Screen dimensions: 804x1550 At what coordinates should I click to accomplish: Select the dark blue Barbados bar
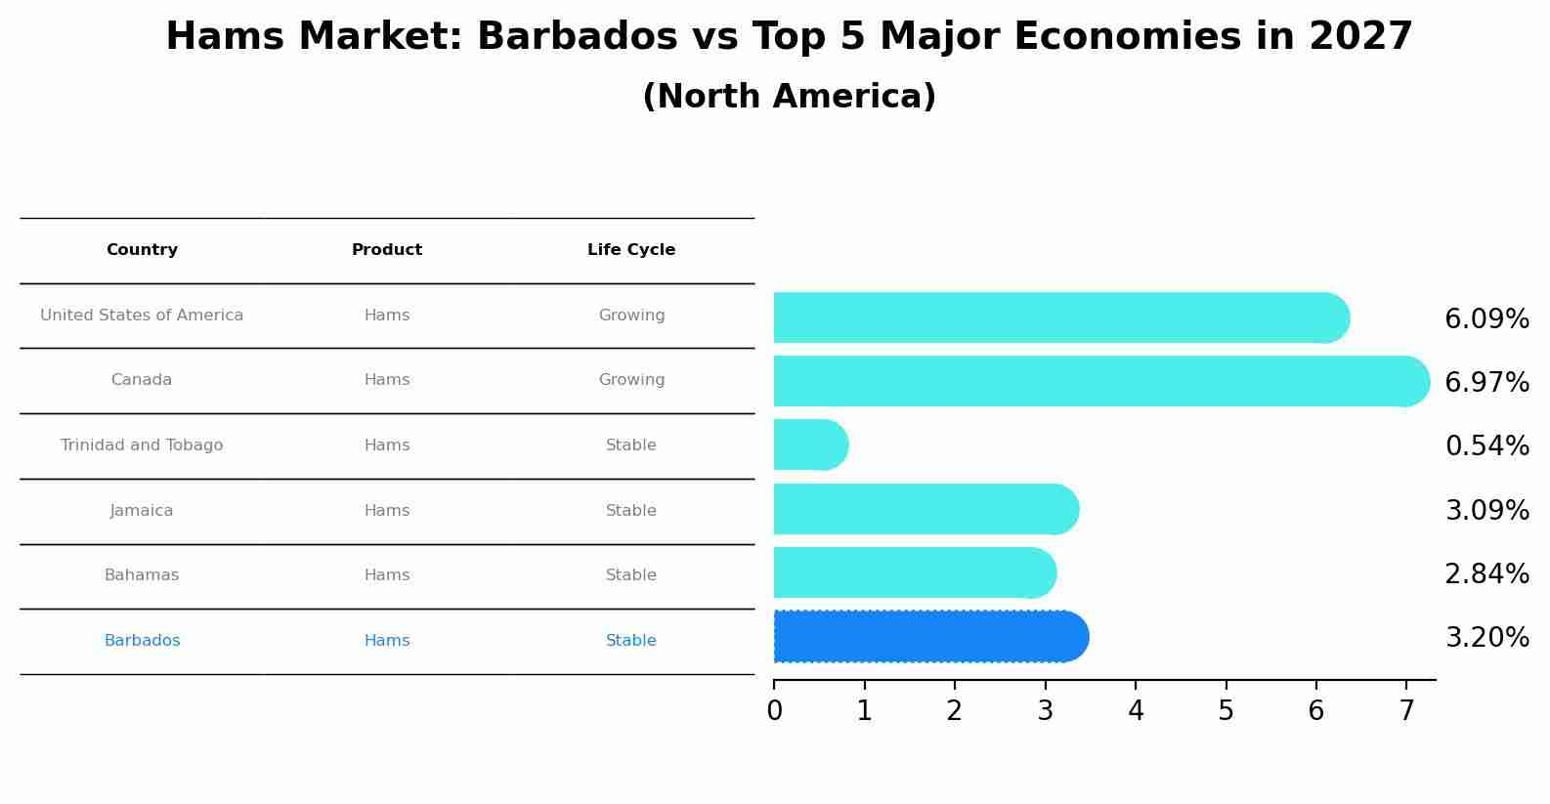[x=928, y=637]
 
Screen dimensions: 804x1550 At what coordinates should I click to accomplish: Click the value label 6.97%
[x=1486, y=383]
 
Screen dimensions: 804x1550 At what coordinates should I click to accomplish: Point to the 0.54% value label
[x=1486, y=446]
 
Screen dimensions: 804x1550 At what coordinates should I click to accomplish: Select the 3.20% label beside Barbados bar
[x=1486, y=638]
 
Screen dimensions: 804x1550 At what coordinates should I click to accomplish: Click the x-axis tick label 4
[x=1136, y=711]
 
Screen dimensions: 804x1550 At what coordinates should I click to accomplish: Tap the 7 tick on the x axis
[x=1406, y=711]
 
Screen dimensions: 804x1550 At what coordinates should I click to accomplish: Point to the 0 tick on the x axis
[x=774, y=711]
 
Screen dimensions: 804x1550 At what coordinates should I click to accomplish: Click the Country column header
[x=142, y=250]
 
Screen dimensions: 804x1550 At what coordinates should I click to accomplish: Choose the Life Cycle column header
[x=631, y=250]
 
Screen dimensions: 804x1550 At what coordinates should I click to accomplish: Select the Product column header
[x=387, y=250]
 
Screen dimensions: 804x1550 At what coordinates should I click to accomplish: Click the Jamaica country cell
[x=142, y=511]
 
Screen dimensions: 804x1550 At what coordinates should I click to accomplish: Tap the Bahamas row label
[x=142, y=575]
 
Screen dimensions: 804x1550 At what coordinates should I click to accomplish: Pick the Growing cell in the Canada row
[x=631, y=380]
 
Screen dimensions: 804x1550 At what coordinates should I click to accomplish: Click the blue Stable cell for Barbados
[x=631, y=641]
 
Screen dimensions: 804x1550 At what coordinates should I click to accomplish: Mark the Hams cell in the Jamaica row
[x=387, y=511]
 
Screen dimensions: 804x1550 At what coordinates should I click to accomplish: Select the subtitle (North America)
[x=789, y=97]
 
